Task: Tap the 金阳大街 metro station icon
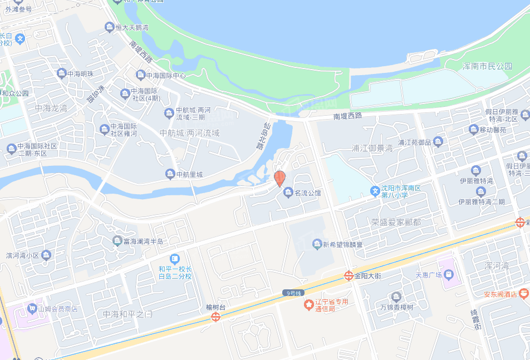click(348, 275)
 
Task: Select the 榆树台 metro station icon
click(215, 317)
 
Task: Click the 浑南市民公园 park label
click(487, 66)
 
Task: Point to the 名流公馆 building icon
click(288, 193)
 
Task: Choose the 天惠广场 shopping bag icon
click(449, 275)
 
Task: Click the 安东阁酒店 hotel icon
click(523, 293)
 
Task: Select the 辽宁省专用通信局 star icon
click(308, 305)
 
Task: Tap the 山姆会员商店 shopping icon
click(32, 308)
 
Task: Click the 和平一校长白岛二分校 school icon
click(175, 259)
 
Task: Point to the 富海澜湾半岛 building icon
click(117, 241)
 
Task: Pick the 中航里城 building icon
click(170, 175)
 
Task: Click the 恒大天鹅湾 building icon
click(109, 27)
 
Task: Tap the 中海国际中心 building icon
click(140, 75)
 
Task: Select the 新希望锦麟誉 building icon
click(317, 244)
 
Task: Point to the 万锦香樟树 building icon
click(396, 296)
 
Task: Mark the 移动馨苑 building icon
click(474, 130)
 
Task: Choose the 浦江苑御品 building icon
click(438, 142)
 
